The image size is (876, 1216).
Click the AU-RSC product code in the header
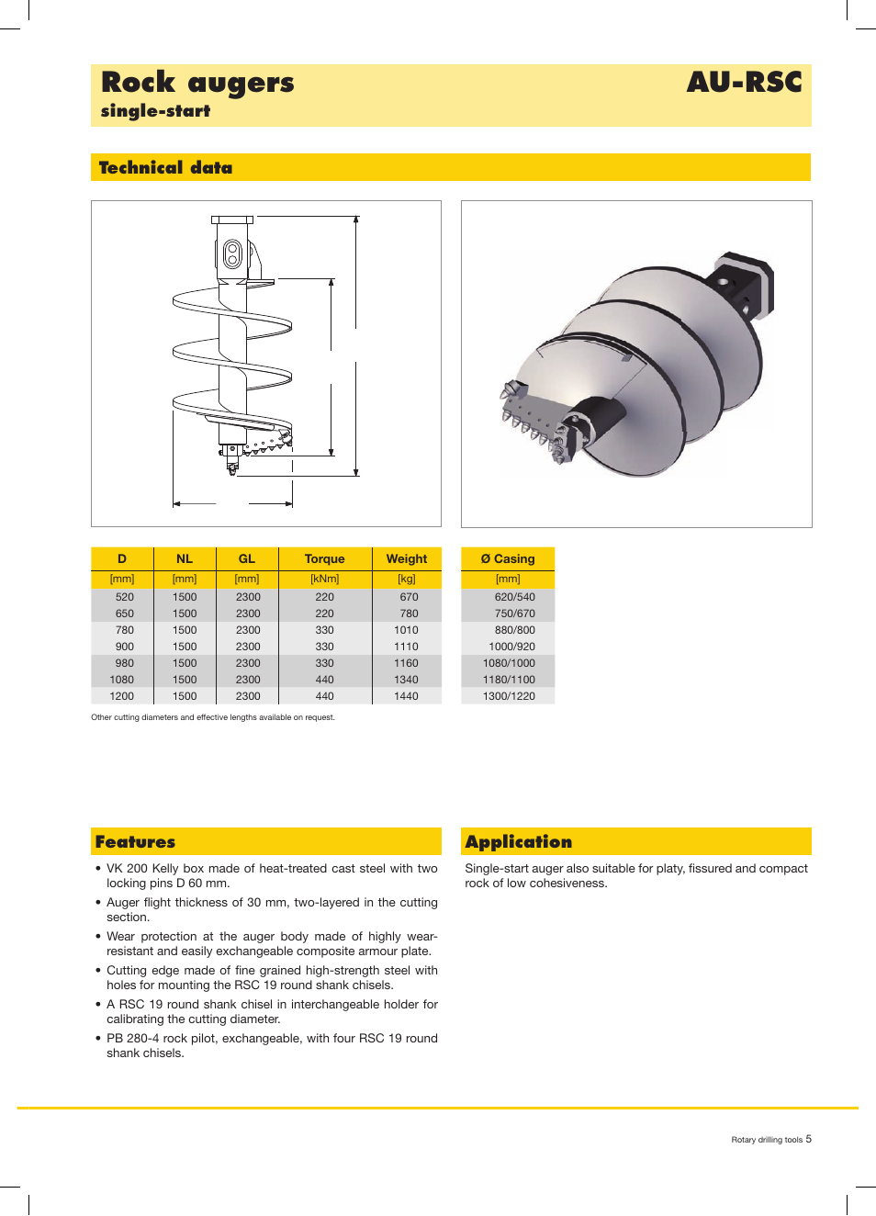tap(744, 83)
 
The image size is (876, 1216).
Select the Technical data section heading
tap(165, 168)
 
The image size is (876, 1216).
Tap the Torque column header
tap(324, 559)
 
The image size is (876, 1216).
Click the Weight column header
tap(406, 559)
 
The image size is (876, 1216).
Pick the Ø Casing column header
tap(508, 559)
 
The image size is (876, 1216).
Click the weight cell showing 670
tap(409, 597)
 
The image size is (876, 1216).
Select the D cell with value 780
tap(125, 630)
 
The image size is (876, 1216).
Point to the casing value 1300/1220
tap(509, 696)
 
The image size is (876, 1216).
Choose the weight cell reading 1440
tap(406, 696)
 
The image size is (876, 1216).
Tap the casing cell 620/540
tap(514, 597)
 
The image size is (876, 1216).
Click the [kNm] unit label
tap(324, 580)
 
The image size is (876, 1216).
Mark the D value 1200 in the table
tap(122, 696)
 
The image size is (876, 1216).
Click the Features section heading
tap(135, 842)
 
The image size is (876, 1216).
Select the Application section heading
tap(518, 842)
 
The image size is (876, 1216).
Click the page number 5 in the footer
tap(809, 1139)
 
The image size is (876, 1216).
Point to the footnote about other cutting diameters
tap(213, 717)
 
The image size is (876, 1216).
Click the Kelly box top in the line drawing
tap(232, 220)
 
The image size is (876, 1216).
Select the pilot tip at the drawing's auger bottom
tap(232, 467)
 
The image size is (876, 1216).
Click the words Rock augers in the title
tap(197, 83)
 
